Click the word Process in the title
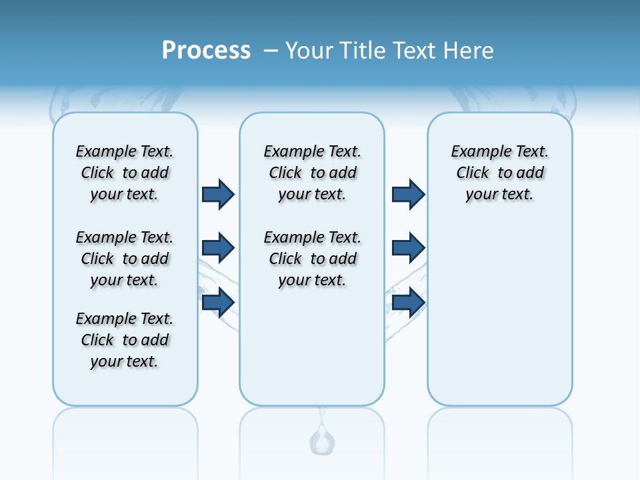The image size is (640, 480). (206, 51)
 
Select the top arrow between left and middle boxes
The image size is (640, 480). (218, 194)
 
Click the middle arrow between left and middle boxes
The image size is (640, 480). (218, 248)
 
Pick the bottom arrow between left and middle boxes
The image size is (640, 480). (218, 302)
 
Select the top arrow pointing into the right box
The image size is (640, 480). (408, 194)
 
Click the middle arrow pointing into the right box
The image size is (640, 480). (408, 248)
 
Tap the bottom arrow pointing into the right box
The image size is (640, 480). (408, 302)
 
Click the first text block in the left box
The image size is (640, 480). (125, 173)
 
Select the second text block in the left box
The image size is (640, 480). (125, 259)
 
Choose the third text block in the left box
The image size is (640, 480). (125, 340)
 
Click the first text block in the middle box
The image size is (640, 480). (312, 173)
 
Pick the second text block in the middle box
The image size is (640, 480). (312, 259)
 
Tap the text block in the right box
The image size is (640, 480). (499, 173)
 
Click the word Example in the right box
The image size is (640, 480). (476, 151)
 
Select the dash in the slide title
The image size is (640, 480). (271, 51)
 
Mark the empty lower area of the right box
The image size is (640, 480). (499, 313)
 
